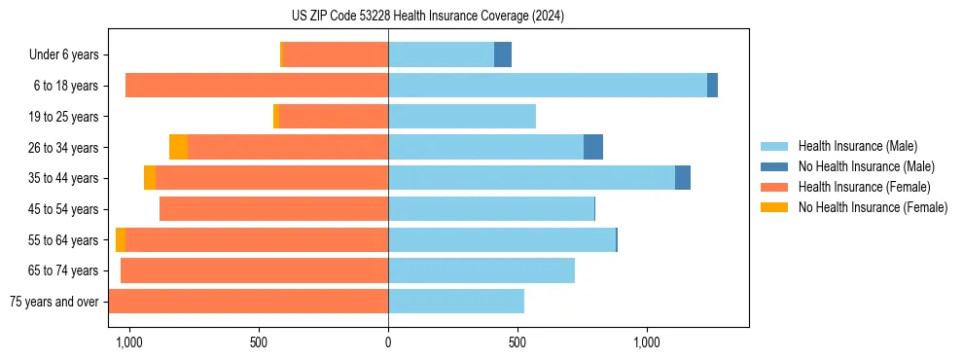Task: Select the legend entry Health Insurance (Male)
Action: click(857, 146)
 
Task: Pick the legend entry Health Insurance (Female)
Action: click(864, 187)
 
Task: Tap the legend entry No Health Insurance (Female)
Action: click(873, 207)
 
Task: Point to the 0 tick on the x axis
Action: click(388, 342)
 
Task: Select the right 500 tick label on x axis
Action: click(517, 342)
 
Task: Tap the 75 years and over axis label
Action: click(53, 302)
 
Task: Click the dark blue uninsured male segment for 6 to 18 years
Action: click(712, 86)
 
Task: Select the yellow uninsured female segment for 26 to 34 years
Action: click(178, 147)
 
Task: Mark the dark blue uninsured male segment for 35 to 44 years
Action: click(683, 178)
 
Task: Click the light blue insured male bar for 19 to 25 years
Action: click(462, 117)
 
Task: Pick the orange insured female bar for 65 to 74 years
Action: click(254, 270)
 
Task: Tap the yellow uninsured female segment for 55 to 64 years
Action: click(121, 239)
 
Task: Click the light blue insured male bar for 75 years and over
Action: click(456, 302)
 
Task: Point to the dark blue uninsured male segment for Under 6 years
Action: click(503, 54)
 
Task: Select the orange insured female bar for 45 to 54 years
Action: click(273, 209)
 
